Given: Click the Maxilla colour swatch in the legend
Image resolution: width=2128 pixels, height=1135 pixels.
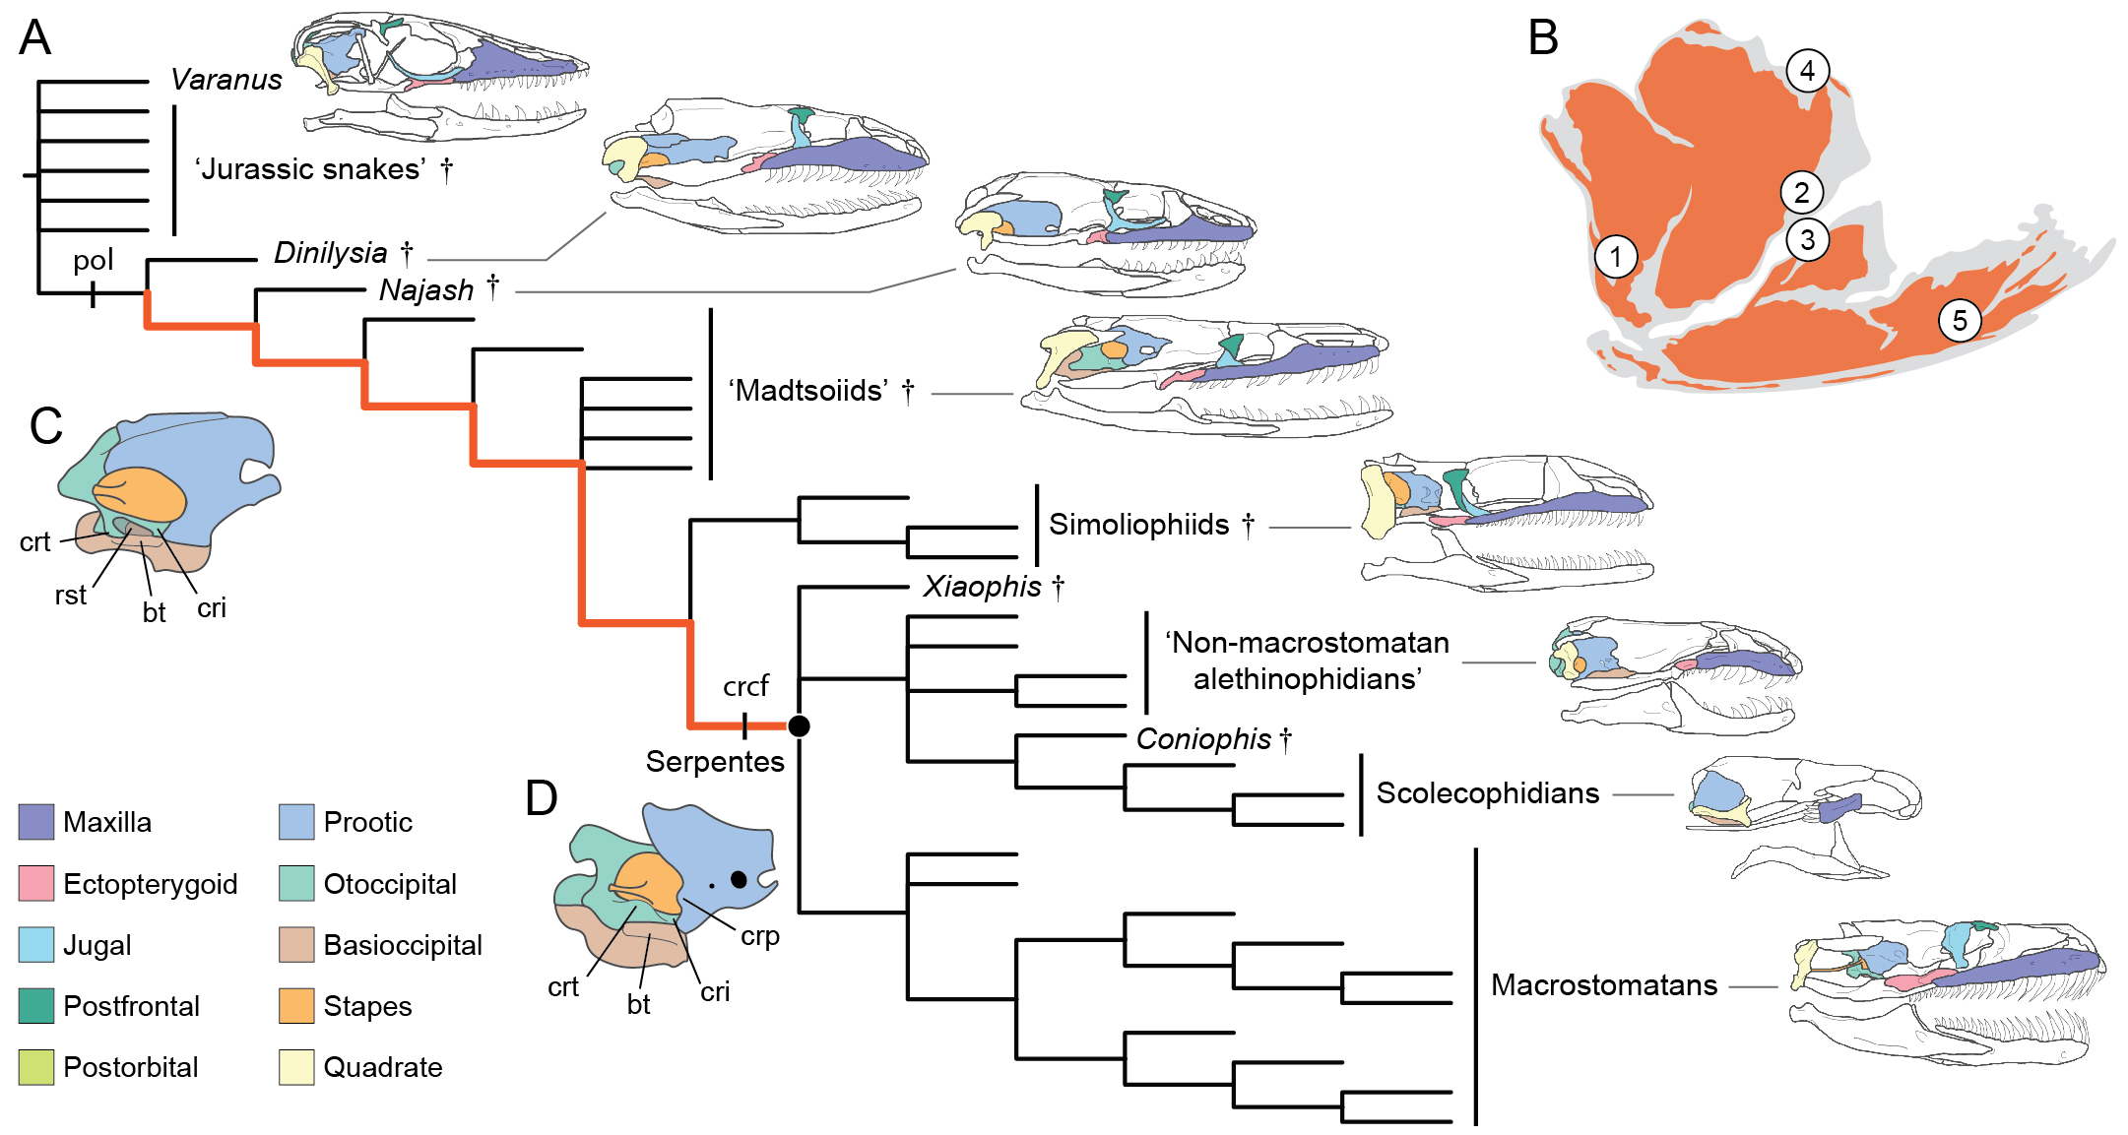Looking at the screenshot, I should [35, 822].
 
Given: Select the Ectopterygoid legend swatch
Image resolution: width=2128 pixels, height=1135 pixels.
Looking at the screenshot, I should [35, 883].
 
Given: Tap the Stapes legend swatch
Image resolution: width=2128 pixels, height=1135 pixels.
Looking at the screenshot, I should [296, 1006].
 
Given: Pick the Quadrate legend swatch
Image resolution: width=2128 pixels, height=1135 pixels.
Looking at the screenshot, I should [296, 1067].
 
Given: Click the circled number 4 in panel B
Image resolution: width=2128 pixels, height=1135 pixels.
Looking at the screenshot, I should [1807, 71].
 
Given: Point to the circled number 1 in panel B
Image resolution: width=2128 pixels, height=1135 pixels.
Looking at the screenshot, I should [1615, 257].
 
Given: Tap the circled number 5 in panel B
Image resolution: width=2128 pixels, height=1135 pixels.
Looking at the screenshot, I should [1960, 321].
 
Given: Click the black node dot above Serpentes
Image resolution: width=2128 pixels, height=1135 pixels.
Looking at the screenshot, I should [799, 726].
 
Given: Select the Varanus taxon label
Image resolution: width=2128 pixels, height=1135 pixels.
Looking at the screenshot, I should [226, 80].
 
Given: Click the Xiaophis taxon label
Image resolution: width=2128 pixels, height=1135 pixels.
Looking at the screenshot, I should [982, 587].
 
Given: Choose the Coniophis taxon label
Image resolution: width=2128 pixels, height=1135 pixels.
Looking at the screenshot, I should [1203, 739].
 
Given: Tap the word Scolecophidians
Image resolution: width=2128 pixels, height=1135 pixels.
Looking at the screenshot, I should [1487, 793].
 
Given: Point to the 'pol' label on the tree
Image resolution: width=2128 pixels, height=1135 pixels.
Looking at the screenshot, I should [94, 261].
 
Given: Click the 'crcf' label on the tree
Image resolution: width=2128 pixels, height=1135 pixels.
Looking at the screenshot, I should [745, 686].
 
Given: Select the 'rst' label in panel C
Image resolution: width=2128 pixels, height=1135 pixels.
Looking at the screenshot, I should [71, 596].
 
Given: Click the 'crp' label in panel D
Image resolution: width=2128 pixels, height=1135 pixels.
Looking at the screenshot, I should [760, 936].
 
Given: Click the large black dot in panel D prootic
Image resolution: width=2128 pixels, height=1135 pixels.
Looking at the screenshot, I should [739, 879].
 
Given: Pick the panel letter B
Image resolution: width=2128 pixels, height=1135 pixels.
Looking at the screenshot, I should [1543, 39].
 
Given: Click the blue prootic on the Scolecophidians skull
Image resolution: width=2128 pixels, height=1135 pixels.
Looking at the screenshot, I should [1716, 792].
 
